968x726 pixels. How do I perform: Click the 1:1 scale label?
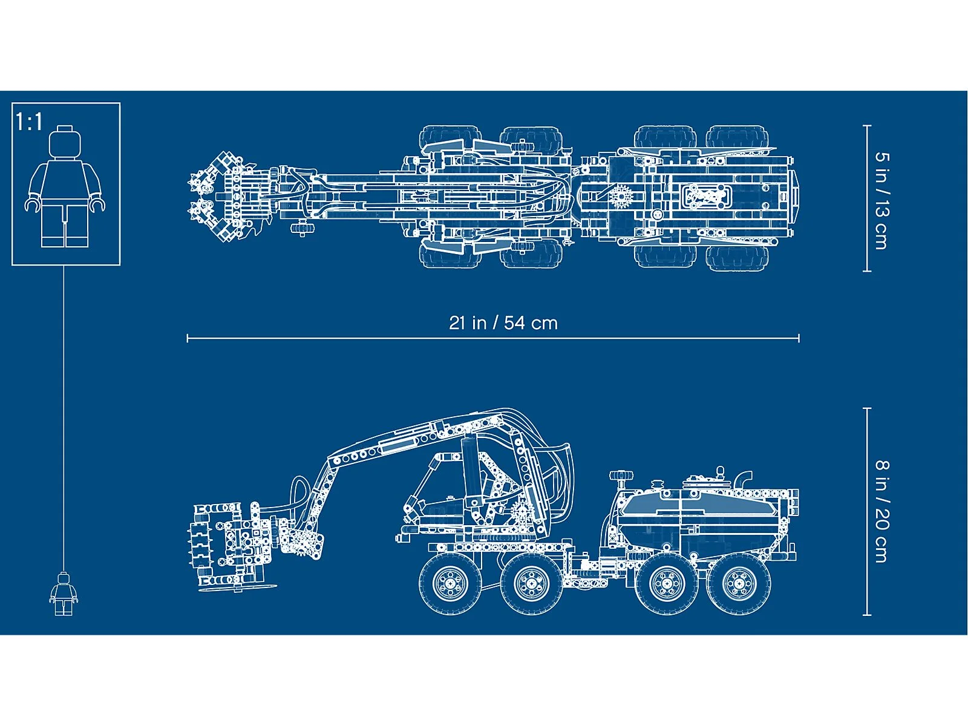click(28, 121)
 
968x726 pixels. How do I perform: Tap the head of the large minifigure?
click(65, 141)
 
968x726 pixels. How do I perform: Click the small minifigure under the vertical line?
click(64, 593)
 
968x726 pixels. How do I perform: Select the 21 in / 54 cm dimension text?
click(503, 323)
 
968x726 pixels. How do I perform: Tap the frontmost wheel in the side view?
click(450, 583)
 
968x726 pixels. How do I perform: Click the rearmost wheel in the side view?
click(739, 583)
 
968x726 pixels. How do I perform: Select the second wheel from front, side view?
click(531, 583)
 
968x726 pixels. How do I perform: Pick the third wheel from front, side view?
click(667, 583)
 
